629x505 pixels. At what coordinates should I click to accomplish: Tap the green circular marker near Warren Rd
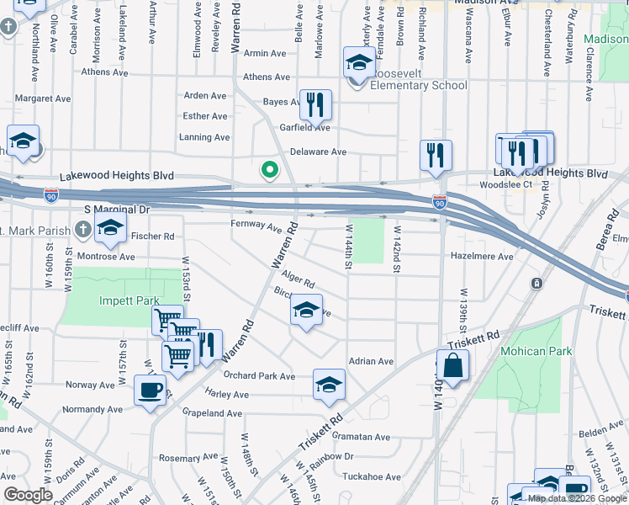click(269, 170)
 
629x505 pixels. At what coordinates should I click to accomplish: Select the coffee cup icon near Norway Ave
click(151, 391)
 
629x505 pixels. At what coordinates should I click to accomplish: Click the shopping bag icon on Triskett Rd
click(452, 366)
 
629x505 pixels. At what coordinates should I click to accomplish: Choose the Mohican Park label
click(536, 351)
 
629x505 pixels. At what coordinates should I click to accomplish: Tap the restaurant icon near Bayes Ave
click(315, 105)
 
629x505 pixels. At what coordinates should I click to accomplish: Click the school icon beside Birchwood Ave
click(307, 310)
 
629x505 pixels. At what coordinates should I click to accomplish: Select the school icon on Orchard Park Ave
click(329, 385)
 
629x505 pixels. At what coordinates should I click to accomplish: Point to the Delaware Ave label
click(318, 152)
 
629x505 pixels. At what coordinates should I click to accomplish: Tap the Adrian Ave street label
click(371, 361)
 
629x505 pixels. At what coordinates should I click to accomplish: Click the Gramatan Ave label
click(361, 437)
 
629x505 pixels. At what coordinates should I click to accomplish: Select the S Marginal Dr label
click(116, 209)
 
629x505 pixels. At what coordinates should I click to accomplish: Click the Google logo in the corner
click(27, 495)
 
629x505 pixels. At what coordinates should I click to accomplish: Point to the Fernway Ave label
click(256, 226)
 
